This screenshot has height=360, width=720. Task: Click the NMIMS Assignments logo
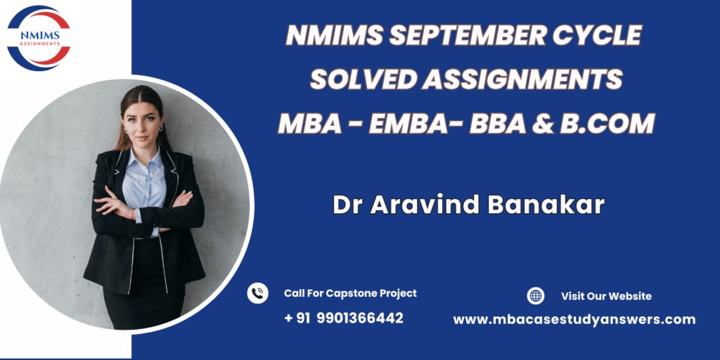[39, 38]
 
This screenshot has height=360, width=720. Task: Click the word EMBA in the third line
[409, 124]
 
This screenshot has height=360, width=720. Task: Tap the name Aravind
[426, 205]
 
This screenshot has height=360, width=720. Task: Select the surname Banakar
[546, 205]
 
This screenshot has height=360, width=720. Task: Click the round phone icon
[257, 293]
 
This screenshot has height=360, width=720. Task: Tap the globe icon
[535, 296]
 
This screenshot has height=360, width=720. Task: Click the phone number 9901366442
[360, 318]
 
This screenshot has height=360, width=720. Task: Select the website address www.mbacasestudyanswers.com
[574, 320]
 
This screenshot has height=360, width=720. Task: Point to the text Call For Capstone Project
[350, 293]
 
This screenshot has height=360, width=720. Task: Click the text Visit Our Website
[606, 296]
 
